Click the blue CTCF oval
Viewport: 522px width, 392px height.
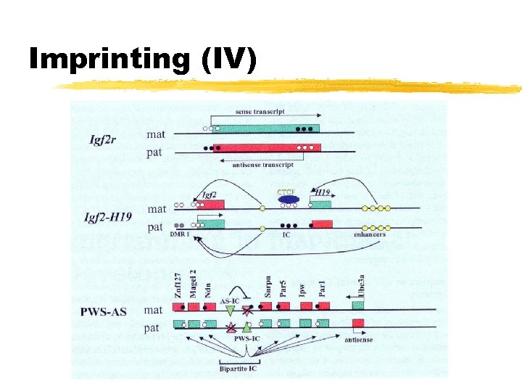(x=287, y=198)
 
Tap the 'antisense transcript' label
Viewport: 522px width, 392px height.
(x=262, y=165)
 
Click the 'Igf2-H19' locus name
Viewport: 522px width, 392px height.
(x=111, y=216)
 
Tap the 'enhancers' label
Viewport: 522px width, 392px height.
(x=370, y=235)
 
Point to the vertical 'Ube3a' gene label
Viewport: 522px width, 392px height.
(x=360, y=285)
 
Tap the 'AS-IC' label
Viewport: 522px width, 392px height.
(x=230, y=300)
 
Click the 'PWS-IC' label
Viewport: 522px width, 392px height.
(x=246, y=338)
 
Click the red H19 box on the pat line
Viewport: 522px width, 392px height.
(x=322, y=224)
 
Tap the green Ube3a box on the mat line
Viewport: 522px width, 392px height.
(x=358, y=306)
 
